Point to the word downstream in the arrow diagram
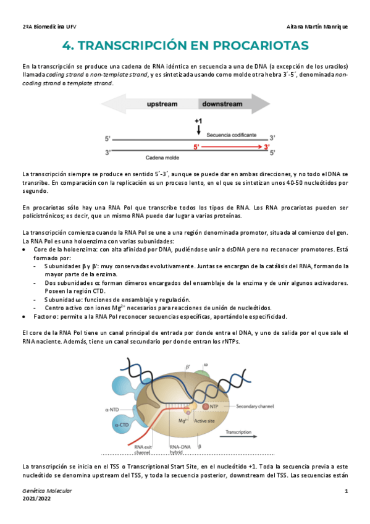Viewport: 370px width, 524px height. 223,105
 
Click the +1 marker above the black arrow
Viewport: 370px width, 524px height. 198,121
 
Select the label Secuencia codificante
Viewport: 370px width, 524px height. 232,134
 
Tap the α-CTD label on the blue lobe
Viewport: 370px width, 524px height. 122,425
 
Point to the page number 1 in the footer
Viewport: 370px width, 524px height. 347,491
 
